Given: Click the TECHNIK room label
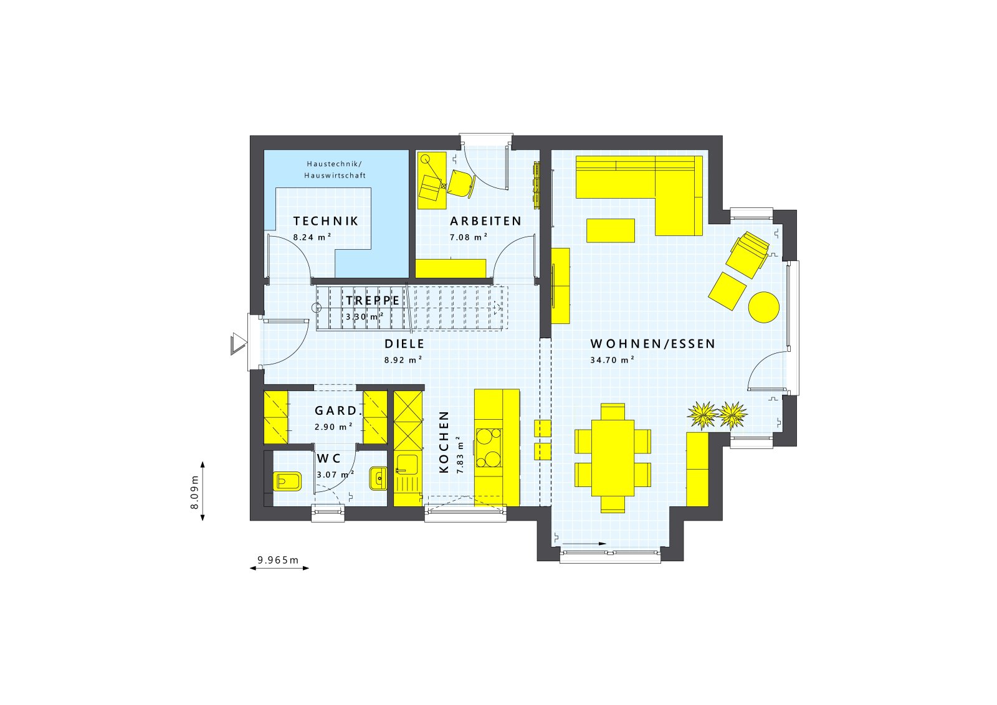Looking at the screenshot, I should coord(326,221).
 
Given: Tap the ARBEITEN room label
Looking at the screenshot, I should coord(485,221).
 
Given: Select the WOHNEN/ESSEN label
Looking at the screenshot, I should coord(653,344).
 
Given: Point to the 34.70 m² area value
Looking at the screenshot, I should coord(612,359).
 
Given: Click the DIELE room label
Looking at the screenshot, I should coord(404,344).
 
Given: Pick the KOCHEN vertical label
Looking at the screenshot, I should coord(444,442).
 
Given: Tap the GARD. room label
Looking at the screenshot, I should coord(338,411).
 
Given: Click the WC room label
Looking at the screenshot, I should coord(329,459).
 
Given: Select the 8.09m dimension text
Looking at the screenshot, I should coord(194,491).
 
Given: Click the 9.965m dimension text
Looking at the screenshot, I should coord(279,560).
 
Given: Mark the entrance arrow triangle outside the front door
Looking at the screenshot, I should coord(238,344).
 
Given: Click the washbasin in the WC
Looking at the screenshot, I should coord(378,478).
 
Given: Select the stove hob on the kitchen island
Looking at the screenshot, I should coord(489,448).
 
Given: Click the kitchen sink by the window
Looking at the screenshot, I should coord(407,464).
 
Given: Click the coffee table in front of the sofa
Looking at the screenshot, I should coord(611,230).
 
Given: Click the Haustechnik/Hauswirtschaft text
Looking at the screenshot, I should coord(335,169).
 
